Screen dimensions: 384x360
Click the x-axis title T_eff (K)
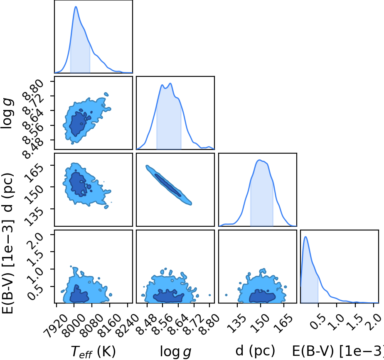tap(94, 351)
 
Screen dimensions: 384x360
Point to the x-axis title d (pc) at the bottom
tap(255, 350)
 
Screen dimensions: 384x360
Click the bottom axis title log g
tap(175, 351)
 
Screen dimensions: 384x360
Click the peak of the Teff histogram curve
tap(76, 7)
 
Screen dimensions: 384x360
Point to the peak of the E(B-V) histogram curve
tap(305, 237)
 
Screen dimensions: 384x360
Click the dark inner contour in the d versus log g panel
tap(168, 185)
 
